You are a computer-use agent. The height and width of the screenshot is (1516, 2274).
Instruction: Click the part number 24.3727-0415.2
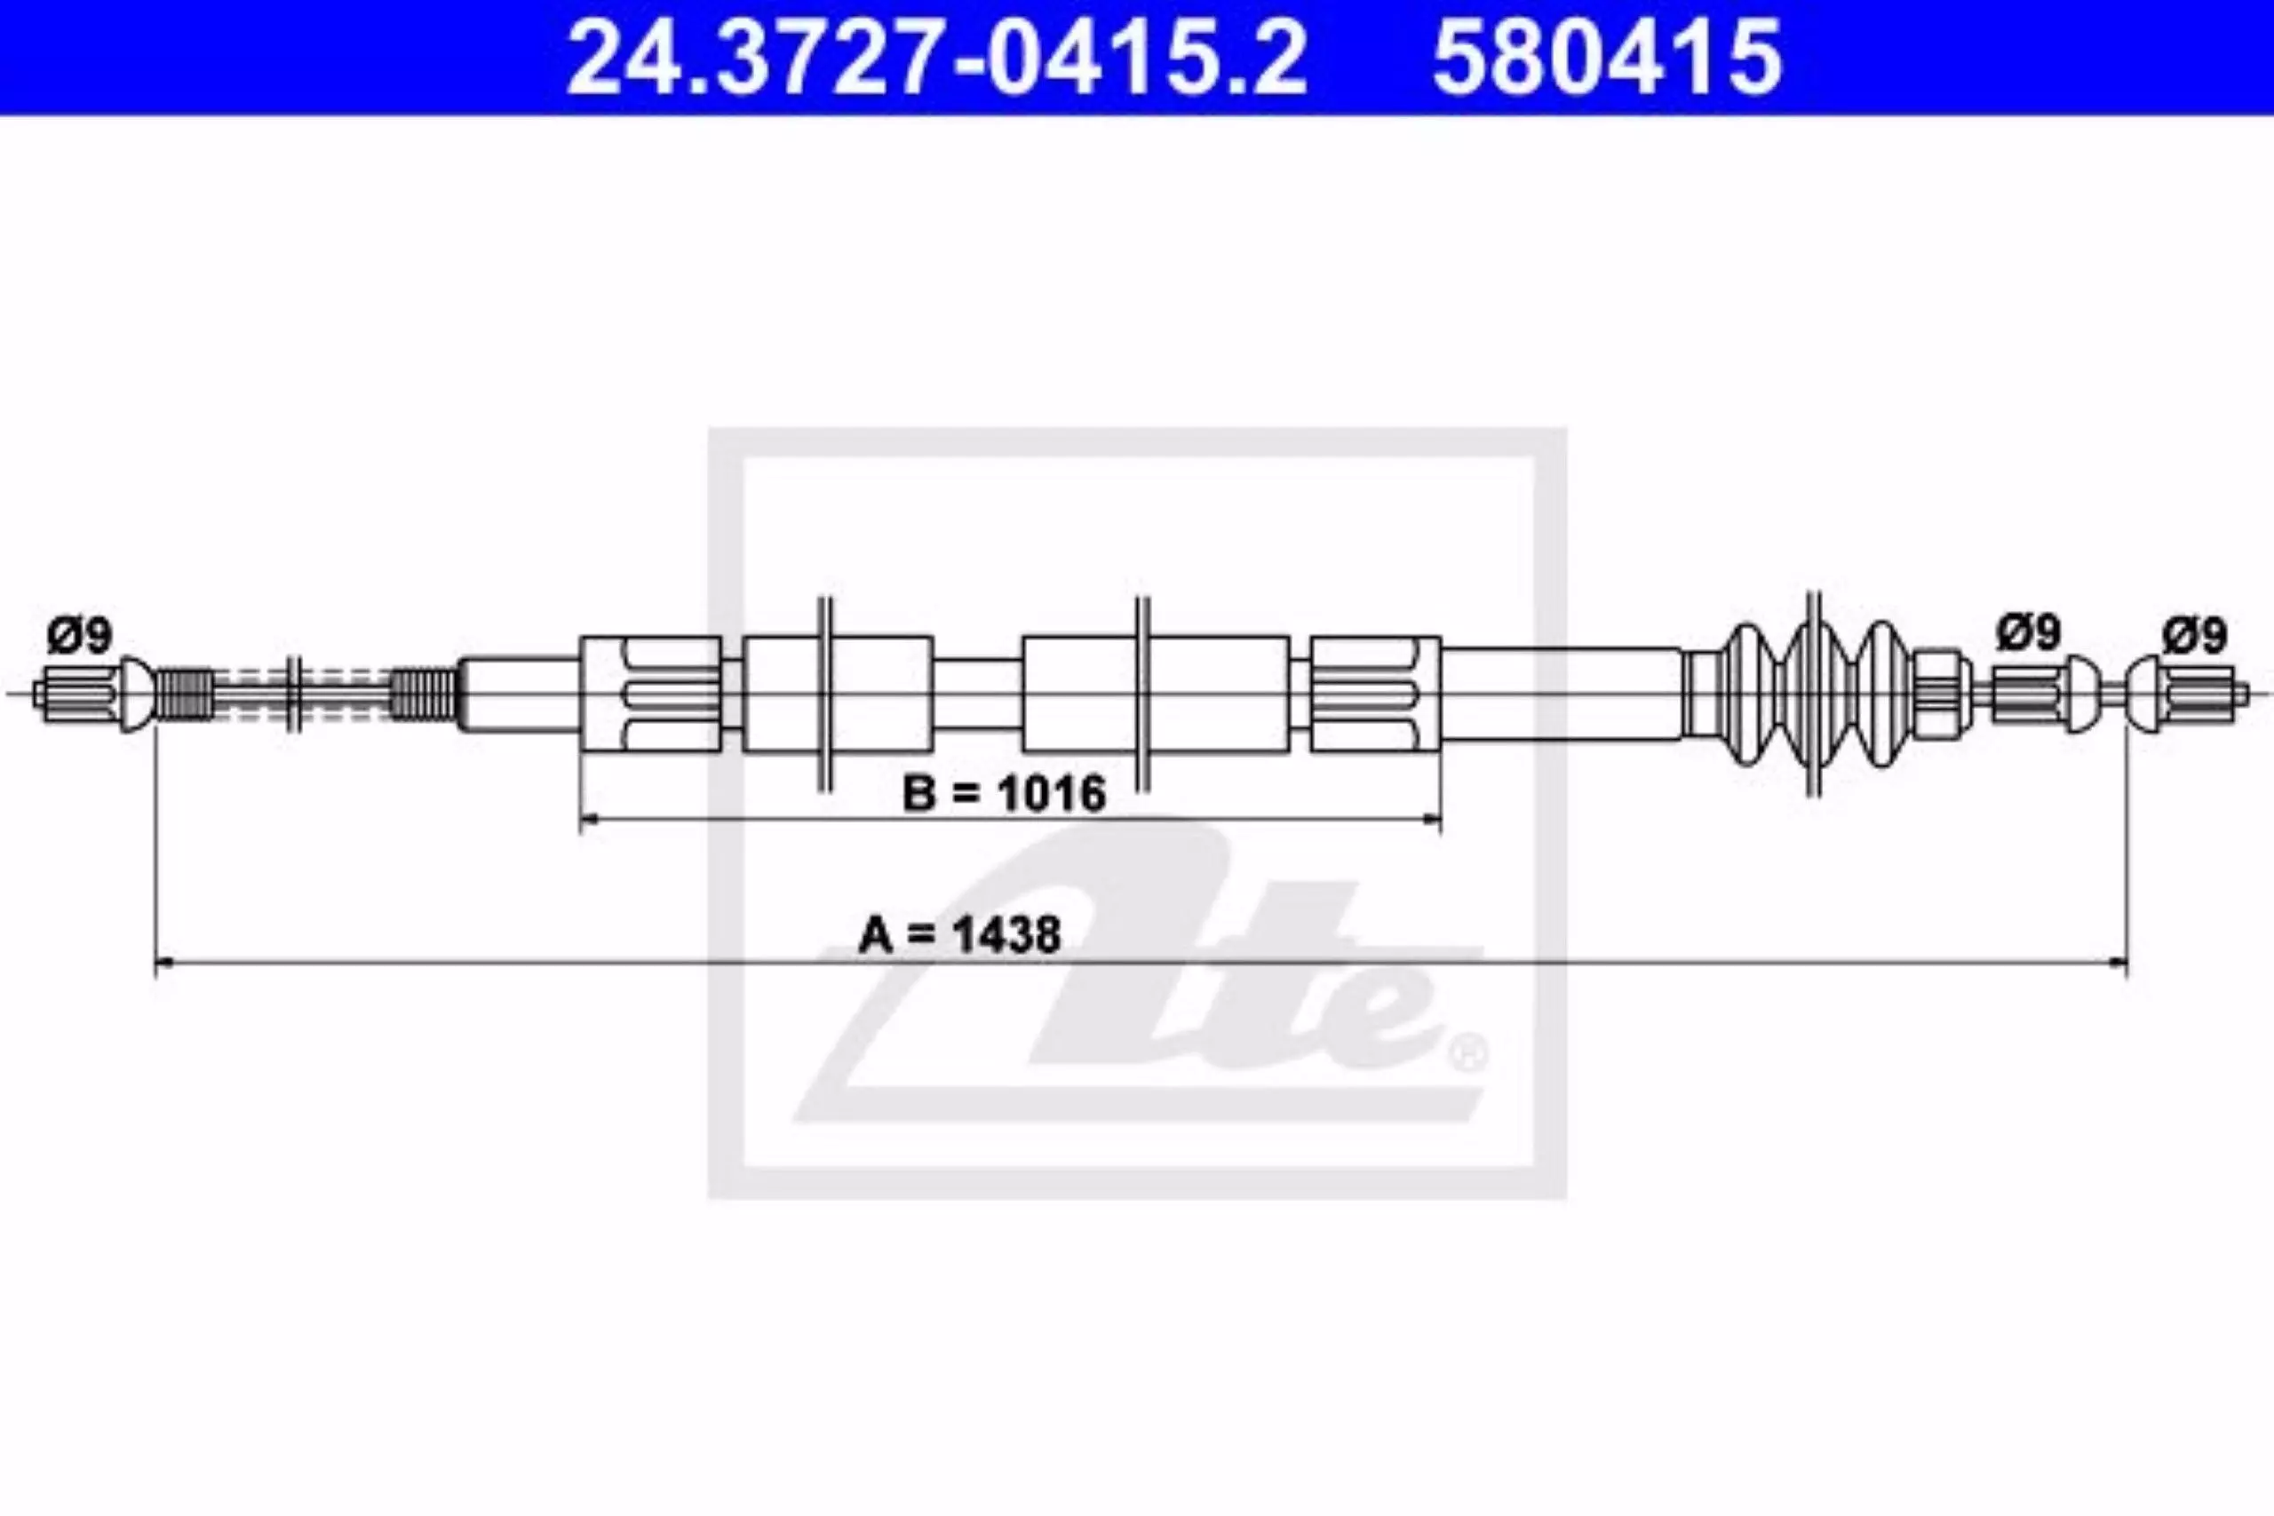(936, 59)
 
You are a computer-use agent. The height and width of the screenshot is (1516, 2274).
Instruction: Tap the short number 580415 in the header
(1607, 59)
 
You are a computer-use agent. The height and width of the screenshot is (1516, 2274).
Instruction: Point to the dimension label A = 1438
(960, 935)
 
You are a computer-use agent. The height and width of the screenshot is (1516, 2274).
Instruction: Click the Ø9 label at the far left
(79, 635)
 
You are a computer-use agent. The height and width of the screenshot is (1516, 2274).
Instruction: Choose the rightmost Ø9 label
(2195, 636)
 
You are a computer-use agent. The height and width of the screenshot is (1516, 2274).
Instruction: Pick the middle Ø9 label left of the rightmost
(2029, 633)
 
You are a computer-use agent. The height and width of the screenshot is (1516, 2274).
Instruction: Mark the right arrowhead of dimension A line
(2118, 963)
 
